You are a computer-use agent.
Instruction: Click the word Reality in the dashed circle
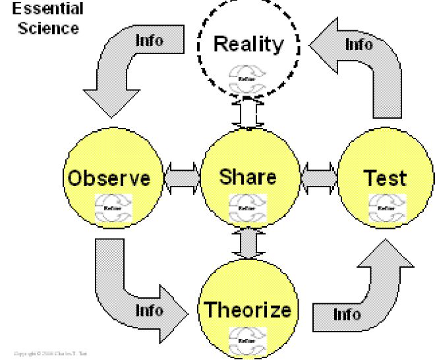pyautogui.click(x=248, y=45)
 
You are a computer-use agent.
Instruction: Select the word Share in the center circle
pyautogui.click(x=248, y=177)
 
